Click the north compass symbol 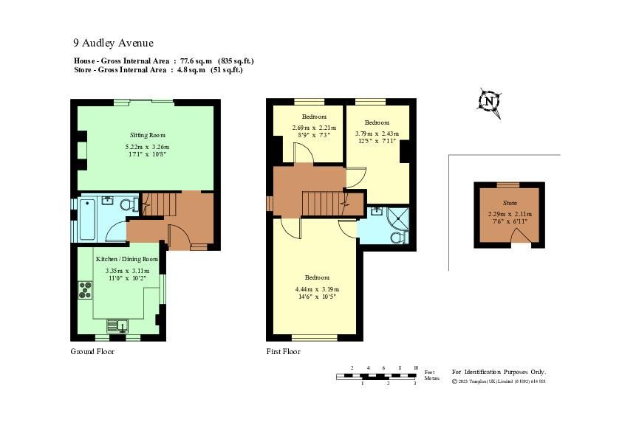[488, 102]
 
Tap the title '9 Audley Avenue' [113, 43]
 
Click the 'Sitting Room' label [148, 135]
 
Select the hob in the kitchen [85, 290]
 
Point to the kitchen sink [117, 325]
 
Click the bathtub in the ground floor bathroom [86, 219]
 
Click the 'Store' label [510, 202]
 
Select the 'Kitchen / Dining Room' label [127, 259]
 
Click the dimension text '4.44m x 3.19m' [317, 288]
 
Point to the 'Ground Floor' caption [92, 352]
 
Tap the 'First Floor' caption [284, 352]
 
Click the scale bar [377, 376]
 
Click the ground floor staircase [158, 204]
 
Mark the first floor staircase [322, 202]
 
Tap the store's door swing [522, 235]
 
